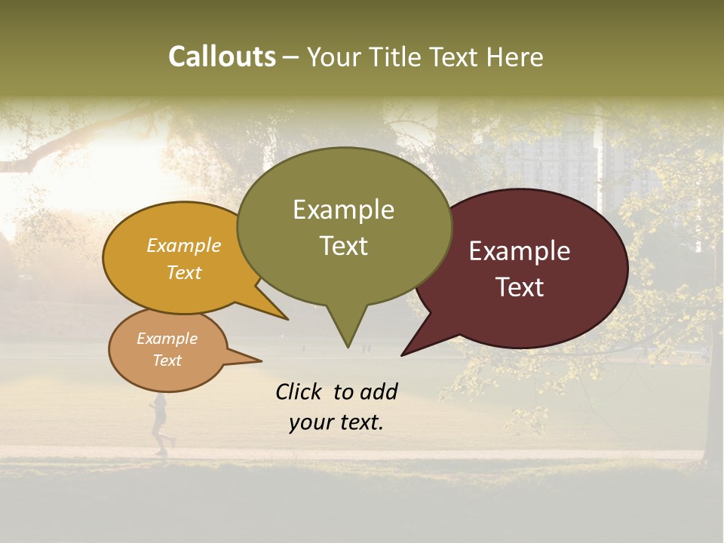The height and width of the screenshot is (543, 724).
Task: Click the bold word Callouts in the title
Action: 222,57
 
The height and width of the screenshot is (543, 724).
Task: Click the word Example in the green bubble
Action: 343,210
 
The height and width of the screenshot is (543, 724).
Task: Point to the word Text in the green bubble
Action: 344,246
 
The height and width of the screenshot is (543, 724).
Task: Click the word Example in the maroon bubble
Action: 520,251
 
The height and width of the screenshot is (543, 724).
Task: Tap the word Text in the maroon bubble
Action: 520,287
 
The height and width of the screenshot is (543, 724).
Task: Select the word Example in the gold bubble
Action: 184,245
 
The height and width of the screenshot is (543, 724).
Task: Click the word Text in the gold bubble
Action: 184,272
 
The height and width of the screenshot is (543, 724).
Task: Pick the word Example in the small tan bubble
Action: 167,339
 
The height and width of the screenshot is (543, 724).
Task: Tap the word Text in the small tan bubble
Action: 167,360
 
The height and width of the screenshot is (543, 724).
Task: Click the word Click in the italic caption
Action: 299,391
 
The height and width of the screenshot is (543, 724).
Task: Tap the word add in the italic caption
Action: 379,391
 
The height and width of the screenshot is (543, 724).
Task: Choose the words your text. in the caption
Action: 336,422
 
